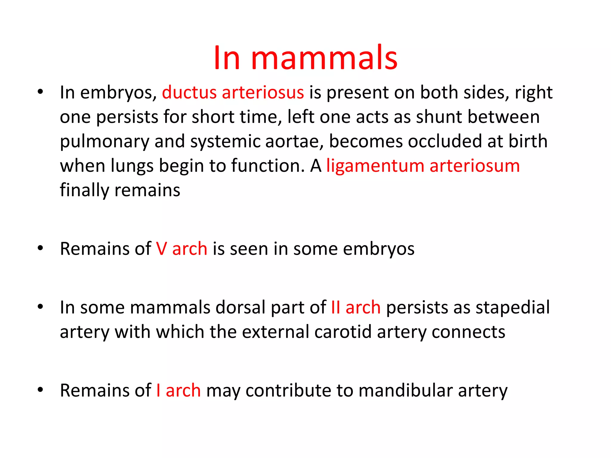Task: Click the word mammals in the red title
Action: (x=324, y=58)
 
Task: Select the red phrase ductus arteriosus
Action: (x=233, y=92)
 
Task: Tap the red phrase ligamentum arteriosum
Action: (x=423, y=166)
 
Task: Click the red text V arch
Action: (x=181, y=249)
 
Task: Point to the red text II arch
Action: (x=356, y=307)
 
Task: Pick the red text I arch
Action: (x=178, y=390)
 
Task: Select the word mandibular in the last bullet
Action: (x=405, y=390)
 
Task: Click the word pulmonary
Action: (x=104, y=142)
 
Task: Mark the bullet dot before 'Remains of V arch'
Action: (x=41, y=248)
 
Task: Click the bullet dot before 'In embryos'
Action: (x=41, y=92)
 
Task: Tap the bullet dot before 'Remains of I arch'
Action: (x=41, y=390)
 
